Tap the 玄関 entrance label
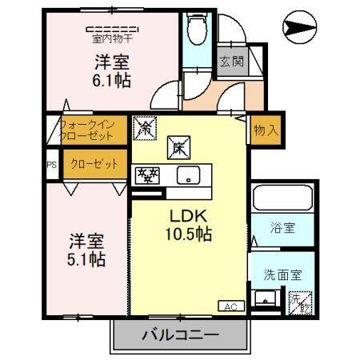point(231,62)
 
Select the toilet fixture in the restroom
point(196,30)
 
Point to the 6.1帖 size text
point(113,80)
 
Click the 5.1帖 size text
point(86,258)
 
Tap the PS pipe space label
point(52,166)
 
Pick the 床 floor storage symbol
point(178,146)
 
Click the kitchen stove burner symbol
point(148,174)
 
